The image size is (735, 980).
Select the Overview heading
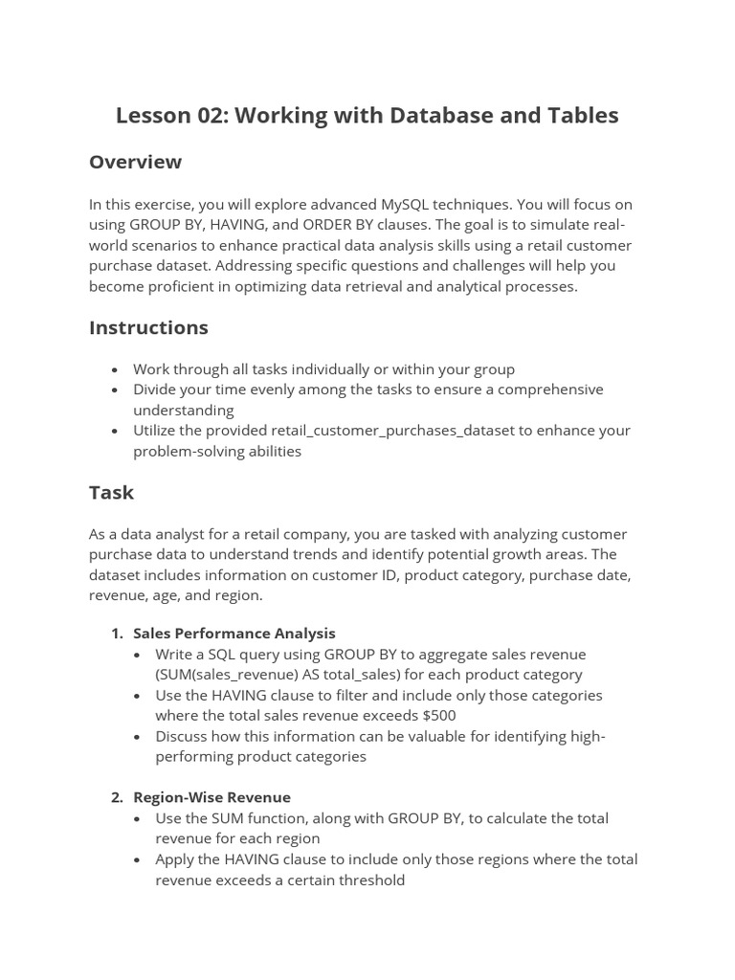135,162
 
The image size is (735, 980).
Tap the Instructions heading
148,327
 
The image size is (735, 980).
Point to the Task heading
111,493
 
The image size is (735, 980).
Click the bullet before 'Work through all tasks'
115,369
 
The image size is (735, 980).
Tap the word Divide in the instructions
157,390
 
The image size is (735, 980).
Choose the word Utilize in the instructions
158,431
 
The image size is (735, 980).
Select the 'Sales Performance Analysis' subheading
234,633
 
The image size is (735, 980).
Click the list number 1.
116,633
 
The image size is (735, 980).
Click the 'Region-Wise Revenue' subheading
212,797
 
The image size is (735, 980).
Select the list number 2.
116,797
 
